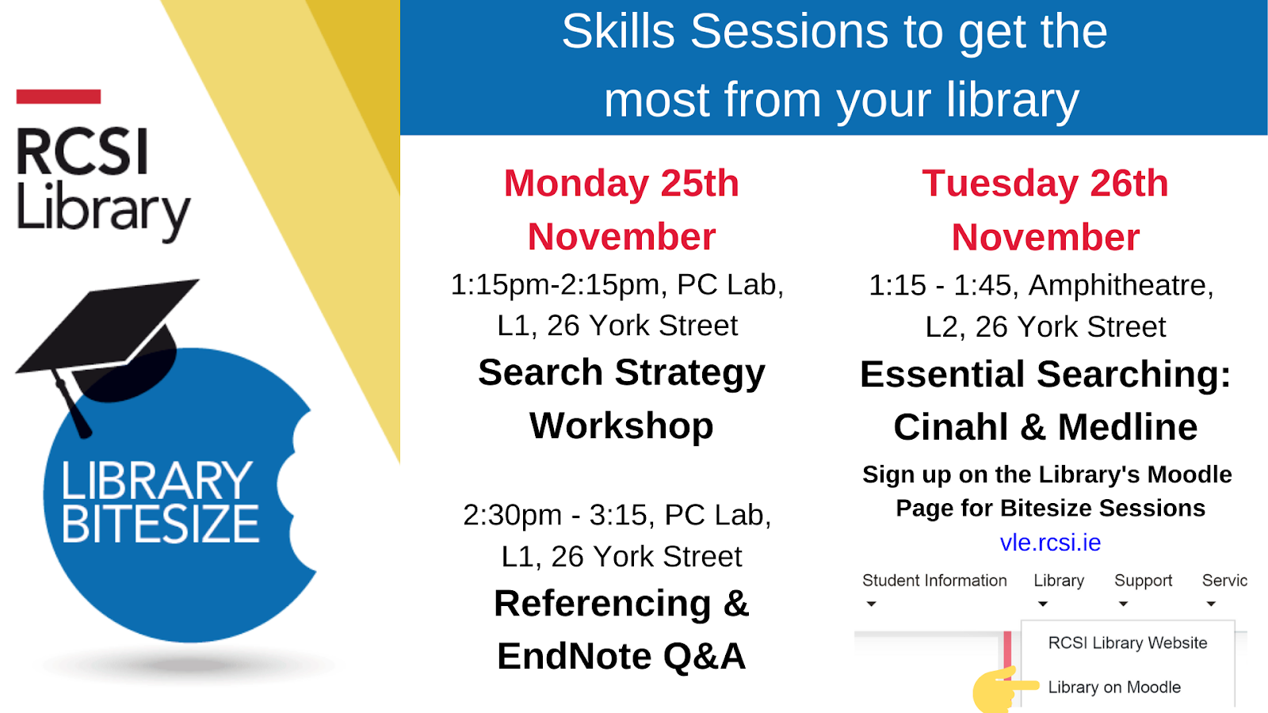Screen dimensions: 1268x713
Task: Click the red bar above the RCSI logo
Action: pos(59,96)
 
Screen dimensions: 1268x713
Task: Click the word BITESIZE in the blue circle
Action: pos(160,524)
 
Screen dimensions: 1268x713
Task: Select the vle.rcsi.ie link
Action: pos(1050,543)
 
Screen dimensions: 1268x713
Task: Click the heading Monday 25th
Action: pos(621,183)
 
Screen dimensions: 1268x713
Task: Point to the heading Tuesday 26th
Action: pos(1045,183)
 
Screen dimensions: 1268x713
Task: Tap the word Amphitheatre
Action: pos(1121,284)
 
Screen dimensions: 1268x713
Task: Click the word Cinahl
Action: pos(951,427)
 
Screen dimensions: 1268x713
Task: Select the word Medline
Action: pos(1128,427)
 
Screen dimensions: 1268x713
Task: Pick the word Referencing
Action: pos(602,603)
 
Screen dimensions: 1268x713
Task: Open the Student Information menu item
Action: pos(934,581)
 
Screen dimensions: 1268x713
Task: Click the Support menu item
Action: pos(1143,581)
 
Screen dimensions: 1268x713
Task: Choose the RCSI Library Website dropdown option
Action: pos(1128,642)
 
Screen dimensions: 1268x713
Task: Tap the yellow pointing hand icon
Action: pos(1002,689)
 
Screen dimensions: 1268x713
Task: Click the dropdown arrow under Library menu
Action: pos(1042,604)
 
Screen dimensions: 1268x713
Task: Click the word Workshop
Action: pos(621,425)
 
